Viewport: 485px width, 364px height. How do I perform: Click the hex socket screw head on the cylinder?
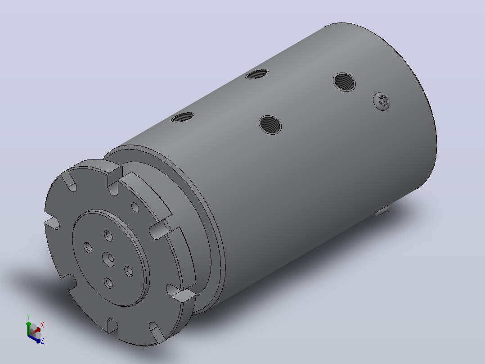pyautogui.click(x=382, y=101)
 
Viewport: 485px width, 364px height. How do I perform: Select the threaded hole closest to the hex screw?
pyautogui.click(x=344, y=82)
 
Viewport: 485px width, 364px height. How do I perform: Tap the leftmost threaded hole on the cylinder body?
pyautogui.click(x=183, y=117)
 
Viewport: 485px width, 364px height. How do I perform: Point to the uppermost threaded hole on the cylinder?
pyautogui.click(x=257, y=74)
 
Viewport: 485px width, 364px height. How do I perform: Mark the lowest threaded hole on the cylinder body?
pyautogui.click(x=270, y=124)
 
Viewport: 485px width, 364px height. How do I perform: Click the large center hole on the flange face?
pyautogui.click(x=108, y=259)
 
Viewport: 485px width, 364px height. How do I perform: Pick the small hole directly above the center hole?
pyautogui.click(x=108, y=236)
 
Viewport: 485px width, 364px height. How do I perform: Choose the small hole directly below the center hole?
pyautogui.click(x=108, y=282)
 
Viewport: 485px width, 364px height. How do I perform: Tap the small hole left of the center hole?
pyautogui.click(x=88, y=247)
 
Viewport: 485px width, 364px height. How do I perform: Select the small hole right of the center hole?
pyautogui.click(x=129, y=271)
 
